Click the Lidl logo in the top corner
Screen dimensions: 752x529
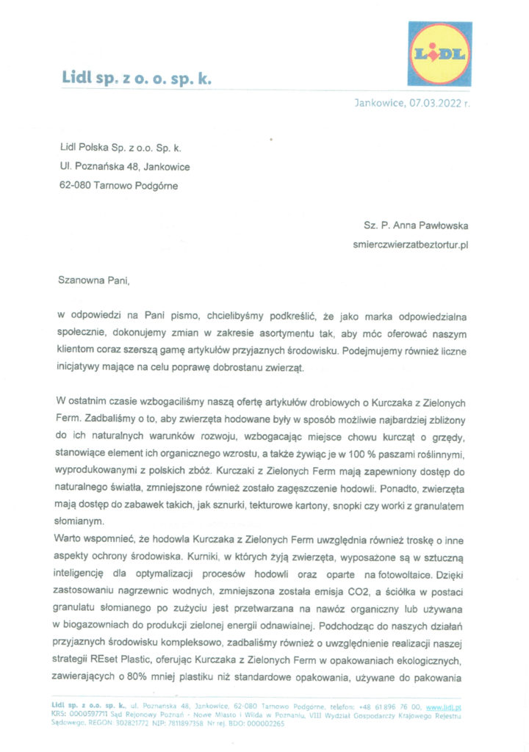click(x=439, y=54)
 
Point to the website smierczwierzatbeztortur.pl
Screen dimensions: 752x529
click(x=411, y=244)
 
